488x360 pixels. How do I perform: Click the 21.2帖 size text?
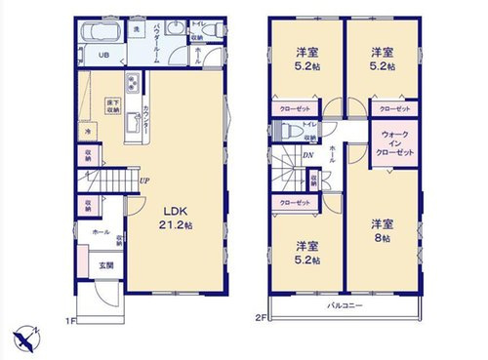click(x=176, y=224)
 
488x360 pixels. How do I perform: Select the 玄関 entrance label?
click(x=104, y=264)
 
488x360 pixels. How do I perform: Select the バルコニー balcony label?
click(x=345, y=306)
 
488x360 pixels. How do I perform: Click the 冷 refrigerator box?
click(x=86, y=132)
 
